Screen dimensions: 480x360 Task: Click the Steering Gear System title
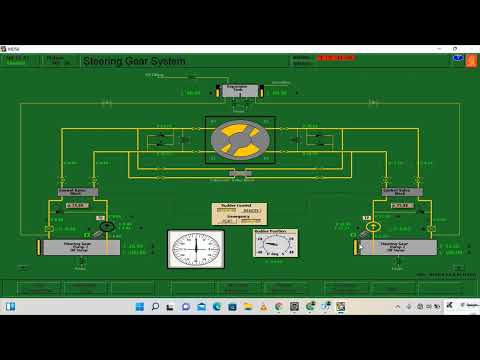tap(134, 62)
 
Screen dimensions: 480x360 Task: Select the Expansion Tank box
tap(239, 90)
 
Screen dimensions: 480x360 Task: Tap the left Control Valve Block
tap(78, 191)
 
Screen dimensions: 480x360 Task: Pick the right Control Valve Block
tap(402, 191)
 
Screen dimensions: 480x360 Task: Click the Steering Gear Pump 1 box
tap(80, 246)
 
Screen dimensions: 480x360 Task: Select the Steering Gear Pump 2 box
tap(397, 246)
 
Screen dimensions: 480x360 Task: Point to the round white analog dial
tap(195, 249)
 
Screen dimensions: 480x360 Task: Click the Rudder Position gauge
tap(274, 243)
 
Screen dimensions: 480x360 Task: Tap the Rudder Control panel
tap(239, 213)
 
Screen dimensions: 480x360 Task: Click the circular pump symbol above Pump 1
tap(106, 226)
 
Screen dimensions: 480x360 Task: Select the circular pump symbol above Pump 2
tap(373, 226)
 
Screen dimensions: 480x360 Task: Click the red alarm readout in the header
tap(335, 58)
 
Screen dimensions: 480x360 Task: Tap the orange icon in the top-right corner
tap(470, 61)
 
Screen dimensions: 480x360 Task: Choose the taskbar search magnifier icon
tap(155, 305)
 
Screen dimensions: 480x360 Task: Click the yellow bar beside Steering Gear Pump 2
tap(355, 246)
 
